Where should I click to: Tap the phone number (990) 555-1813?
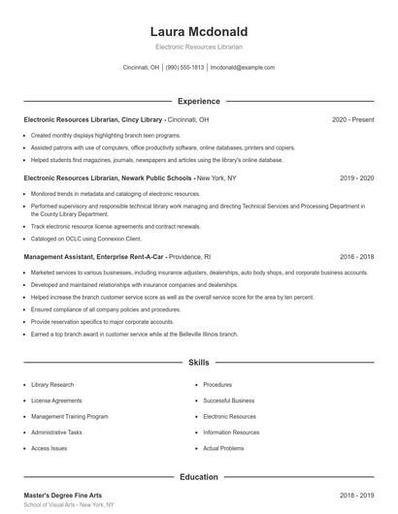[184, 68]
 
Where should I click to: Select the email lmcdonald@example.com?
[243, 68]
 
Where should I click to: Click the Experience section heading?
[198, 101]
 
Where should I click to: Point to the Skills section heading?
[198, 362]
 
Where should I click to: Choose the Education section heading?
[198, 477]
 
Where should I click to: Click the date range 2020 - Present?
[352, 119]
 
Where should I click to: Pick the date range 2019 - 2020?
[357, 178]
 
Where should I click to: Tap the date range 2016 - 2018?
[357, 257]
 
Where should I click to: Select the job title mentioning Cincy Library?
[116, 119]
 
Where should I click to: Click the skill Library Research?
[53, 385]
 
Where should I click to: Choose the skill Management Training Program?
[69, 417]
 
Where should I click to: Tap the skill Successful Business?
[228, 401]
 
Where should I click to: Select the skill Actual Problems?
[224, 449]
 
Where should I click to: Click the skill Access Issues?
[49, 449]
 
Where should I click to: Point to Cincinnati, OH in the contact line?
[142, 68]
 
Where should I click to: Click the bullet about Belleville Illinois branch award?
[134, 334]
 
